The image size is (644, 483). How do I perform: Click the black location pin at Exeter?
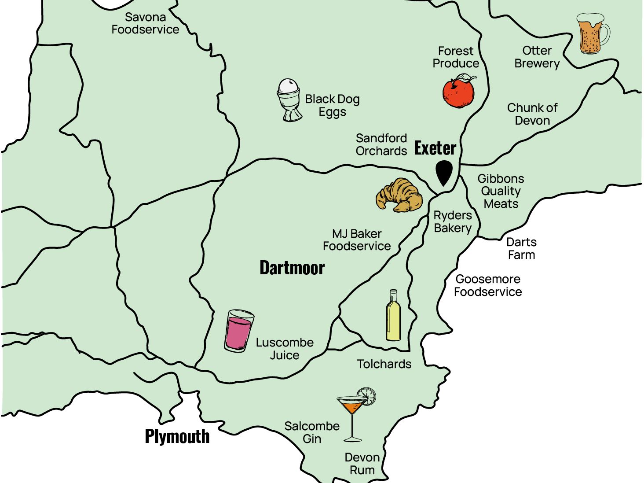pyautogui.click(x=444, y=172)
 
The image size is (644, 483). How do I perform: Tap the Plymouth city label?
pyautogui.click(x=177, y=436)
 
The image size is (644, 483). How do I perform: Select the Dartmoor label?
pyautogui.click(x=292, y=268)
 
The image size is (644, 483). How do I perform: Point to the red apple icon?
pyautogui.click(x=458, y=93)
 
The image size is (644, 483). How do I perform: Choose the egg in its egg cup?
pyautogui.click(x=289, y=100)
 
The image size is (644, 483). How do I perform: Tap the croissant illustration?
pyautogui.click(x=399, y=195)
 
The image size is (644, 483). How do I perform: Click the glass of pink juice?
pyautogui.click(x=239, y=331)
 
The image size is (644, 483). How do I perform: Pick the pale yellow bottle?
pyautogui.click(x=393, y=316)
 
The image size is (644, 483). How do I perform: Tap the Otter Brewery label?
pyautogui.click(x=537, y=57)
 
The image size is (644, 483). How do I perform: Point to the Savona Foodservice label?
pyautogui.click(x=145, y=23)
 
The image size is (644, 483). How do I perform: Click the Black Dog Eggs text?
pyautogui.click(x=333, y=105)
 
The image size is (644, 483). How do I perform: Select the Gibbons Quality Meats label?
pyautogui.click(x=501, y=191)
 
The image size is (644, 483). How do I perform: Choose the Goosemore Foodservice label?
pyautogui.click(x=488, y=285)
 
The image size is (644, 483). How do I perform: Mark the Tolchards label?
pyautogui.click(x=384, y=364)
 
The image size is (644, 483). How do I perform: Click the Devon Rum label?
pyautogui.click(x=362, y=464)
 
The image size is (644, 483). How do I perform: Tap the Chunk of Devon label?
pyautogui.click(x=532, y=114)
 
